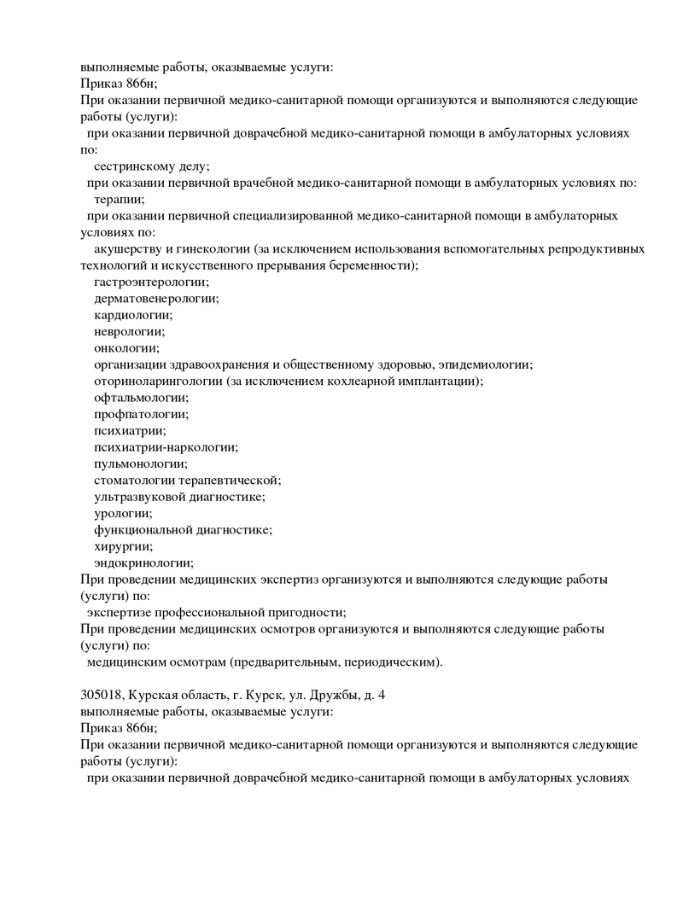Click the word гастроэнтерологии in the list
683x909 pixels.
click(151, 282)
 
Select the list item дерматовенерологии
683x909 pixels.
click(156, 298)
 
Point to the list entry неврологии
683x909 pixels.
click(129, 331)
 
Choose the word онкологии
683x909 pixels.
click(126, 347)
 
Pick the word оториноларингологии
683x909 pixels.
click(158, 381)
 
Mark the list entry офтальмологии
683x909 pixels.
click(141, 397)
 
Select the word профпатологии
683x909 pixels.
click(141, 414)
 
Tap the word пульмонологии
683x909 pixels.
click(140, 463)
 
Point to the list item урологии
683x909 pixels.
click(123, 513)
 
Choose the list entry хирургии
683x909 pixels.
click(123, 546)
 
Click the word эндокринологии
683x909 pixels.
click(143, 562)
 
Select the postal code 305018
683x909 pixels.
click(102, 695)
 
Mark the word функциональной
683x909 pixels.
click(139, 530)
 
